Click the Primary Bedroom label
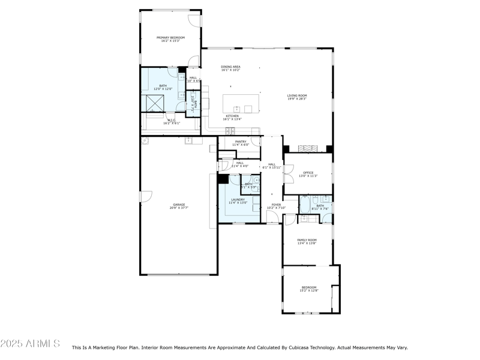pos(170,38)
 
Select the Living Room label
pos(296,95)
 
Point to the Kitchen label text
pos(232,116)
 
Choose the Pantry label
pos(241,142)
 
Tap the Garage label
pos(179,205)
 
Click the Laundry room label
pos(238,199)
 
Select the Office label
pos(308,173)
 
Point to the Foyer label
pos(276,205)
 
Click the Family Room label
pos(307,240)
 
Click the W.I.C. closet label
pos(172,121)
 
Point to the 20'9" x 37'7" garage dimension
pos(179,208)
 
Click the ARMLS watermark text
pos(30,344)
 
